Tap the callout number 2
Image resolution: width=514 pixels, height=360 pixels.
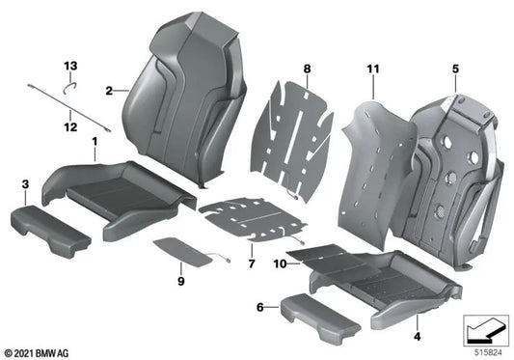click(110, 91)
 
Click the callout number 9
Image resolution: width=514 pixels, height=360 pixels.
click(180, 282)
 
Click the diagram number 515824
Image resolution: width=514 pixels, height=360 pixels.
click(488, 351)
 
